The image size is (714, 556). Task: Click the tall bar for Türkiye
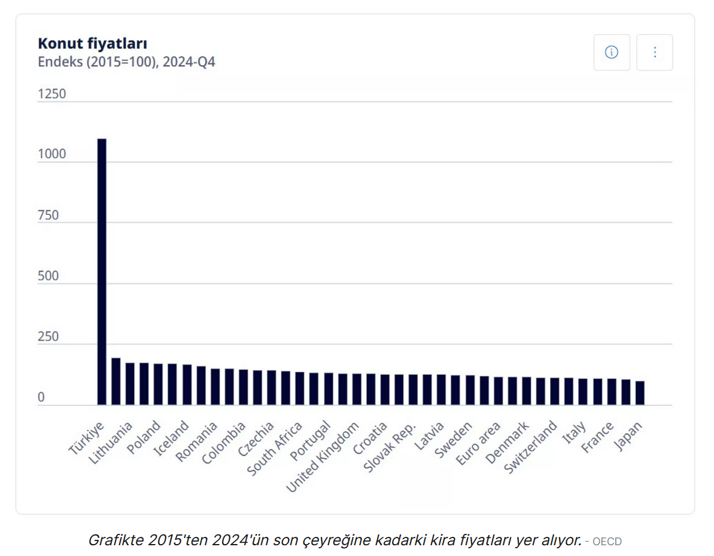coord(102,271)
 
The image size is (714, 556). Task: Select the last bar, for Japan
coord(640,393)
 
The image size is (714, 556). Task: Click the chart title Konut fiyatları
coord(92,44)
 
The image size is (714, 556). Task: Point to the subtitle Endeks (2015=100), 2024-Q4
coord(126,62)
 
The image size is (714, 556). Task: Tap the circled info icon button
coord(611,53)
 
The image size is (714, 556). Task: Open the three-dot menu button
coord(654,53)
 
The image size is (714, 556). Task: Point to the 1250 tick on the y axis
coord(52,94)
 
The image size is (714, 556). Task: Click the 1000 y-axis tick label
coord(52,154)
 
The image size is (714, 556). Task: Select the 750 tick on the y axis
coord(48,215)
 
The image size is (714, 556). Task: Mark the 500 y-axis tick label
coord(48,276)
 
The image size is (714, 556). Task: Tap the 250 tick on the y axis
coord(48,337)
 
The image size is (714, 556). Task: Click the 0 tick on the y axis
coord(41,398)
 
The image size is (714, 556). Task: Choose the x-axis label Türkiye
coord(86,439)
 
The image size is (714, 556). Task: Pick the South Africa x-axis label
coord(275,448)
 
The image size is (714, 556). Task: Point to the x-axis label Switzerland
coord(531,447)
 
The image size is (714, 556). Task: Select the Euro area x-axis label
coord(478,444)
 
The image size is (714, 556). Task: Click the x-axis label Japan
coord(628,437)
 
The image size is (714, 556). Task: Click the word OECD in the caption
coord(607,542)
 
